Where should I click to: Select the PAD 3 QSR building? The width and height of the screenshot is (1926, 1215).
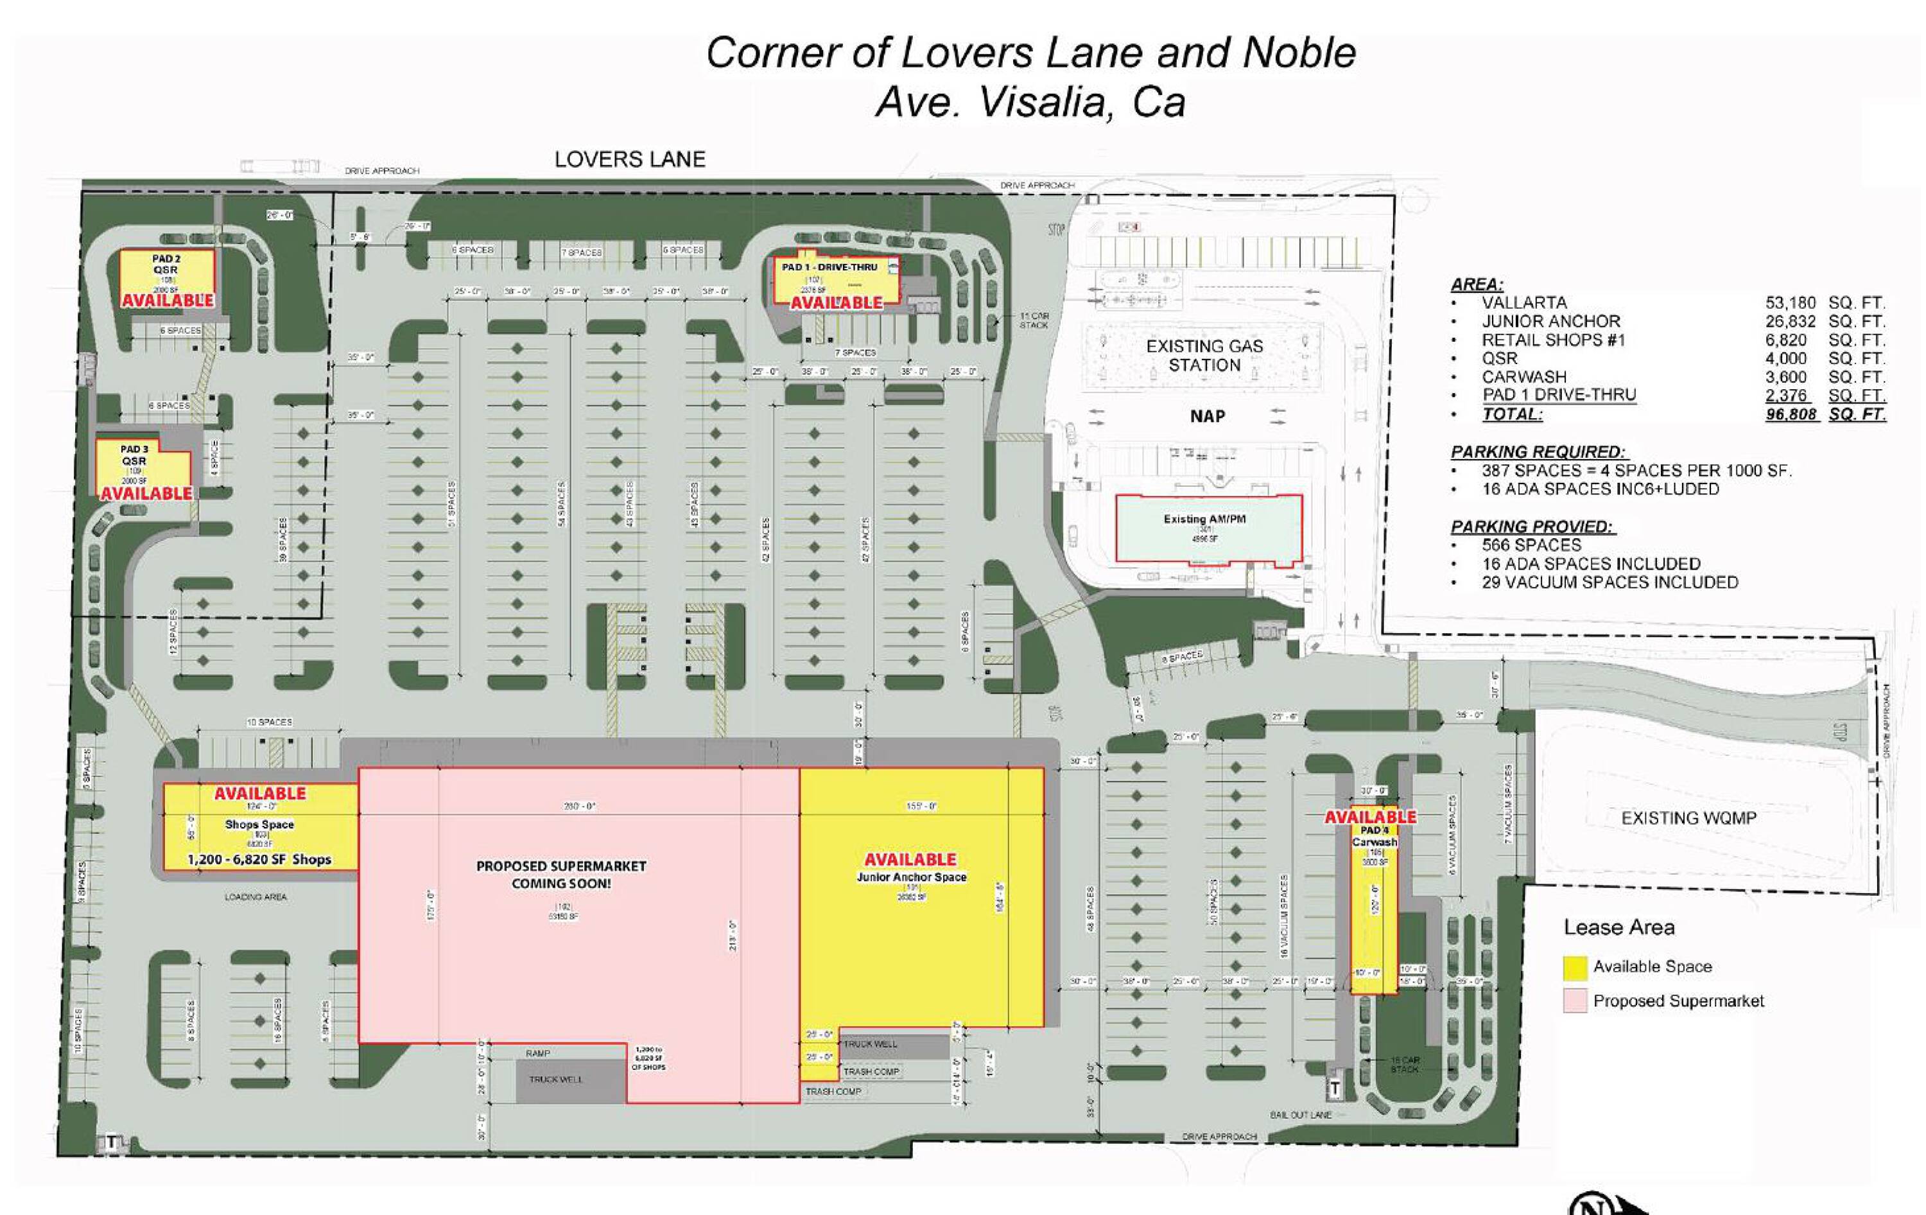(143, 469)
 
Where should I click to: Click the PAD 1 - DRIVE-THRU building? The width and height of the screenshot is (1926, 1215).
(834, 281)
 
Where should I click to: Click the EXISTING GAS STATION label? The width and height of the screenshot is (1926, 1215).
(1204, 356)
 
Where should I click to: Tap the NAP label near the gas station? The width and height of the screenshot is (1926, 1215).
(1207, 417)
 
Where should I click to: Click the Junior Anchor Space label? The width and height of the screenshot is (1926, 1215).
(911, 877)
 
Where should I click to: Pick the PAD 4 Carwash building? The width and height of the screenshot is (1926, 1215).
(1374, 904)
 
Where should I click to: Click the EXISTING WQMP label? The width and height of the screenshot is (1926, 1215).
(1688, 818)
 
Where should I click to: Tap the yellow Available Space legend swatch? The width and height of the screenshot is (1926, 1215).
(1575, 968)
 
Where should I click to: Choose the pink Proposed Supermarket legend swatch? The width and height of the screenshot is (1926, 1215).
(1575, 1001)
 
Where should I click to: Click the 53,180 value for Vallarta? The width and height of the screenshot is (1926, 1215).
(1790, 303)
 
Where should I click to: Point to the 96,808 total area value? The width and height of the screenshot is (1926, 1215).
(1791, 414)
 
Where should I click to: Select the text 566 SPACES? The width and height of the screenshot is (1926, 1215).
(1531, 545)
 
